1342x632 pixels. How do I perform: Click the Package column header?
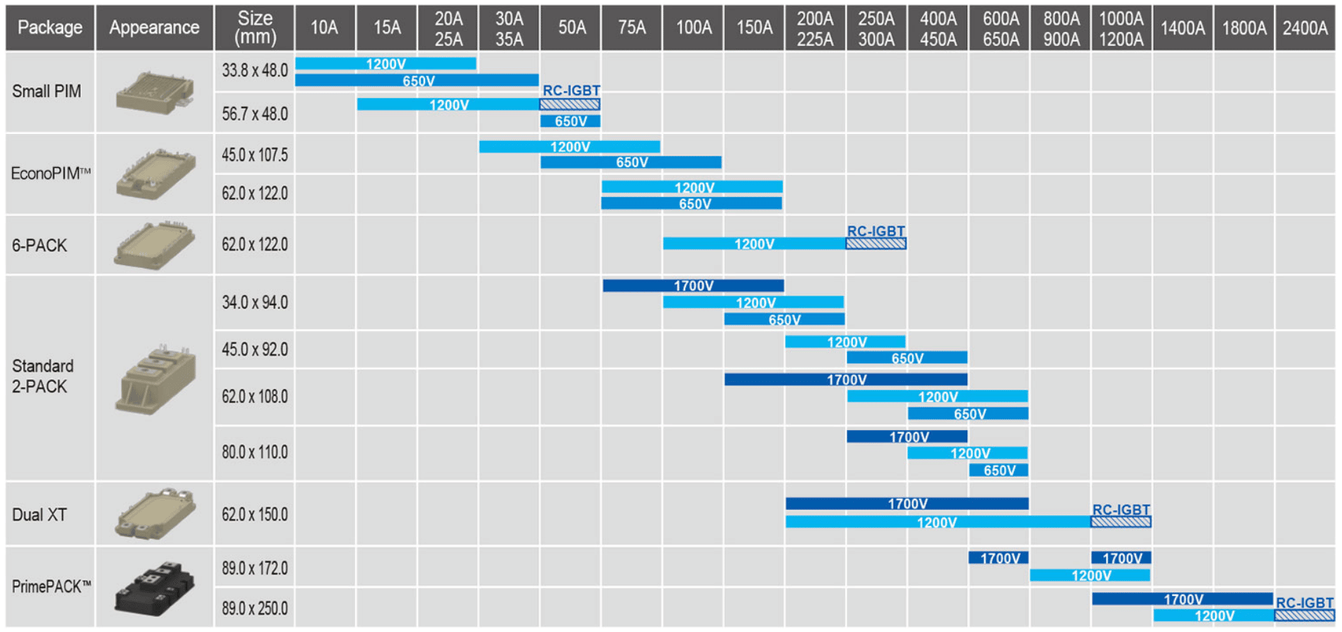click(x=50, y=28)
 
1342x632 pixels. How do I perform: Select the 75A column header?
click(x=631, y=28)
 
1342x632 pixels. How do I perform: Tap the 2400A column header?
click(x=1304, y=28)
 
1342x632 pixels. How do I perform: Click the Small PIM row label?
click(x=47, y=91)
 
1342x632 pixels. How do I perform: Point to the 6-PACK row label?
click(x=40, y=245)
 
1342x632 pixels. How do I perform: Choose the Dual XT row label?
click(x=40, y=514)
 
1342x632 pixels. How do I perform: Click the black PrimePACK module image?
click(x=154, y=587)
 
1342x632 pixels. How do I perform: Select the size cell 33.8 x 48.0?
click(x=255, y=71)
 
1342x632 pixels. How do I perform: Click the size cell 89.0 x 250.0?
click(x=255, y=609)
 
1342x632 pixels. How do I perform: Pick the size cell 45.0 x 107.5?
click(x=255, y=155)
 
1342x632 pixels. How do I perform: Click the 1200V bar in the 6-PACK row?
click(x=755, y=244)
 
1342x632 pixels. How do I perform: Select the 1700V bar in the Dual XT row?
click(x=907, y=504)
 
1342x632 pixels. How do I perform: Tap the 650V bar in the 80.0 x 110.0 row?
click(x=998, y=470)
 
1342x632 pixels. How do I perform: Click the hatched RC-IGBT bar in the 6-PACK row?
click(x=876, y=244)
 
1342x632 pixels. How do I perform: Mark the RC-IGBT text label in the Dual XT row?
click(x=1121, y=509)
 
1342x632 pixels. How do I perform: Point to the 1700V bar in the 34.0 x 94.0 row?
click(x=694, y=286)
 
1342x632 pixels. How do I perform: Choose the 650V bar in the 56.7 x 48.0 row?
click(x=570, y=121)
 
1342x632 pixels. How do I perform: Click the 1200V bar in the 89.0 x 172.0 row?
click(x=1090, y=575)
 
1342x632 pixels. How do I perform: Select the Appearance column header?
click(x=154, y=28)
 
